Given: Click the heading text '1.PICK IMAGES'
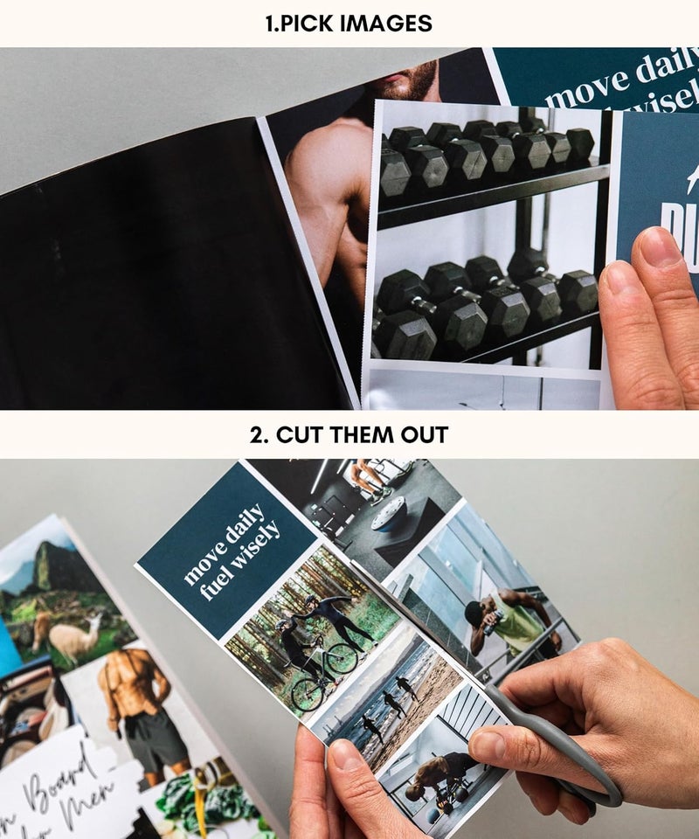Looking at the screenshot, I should (349, 24).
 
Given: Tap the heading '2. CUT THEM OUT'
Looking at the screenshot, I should (349, 434).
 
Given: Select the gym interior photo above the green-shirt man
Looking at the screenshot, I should (376, 507).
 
